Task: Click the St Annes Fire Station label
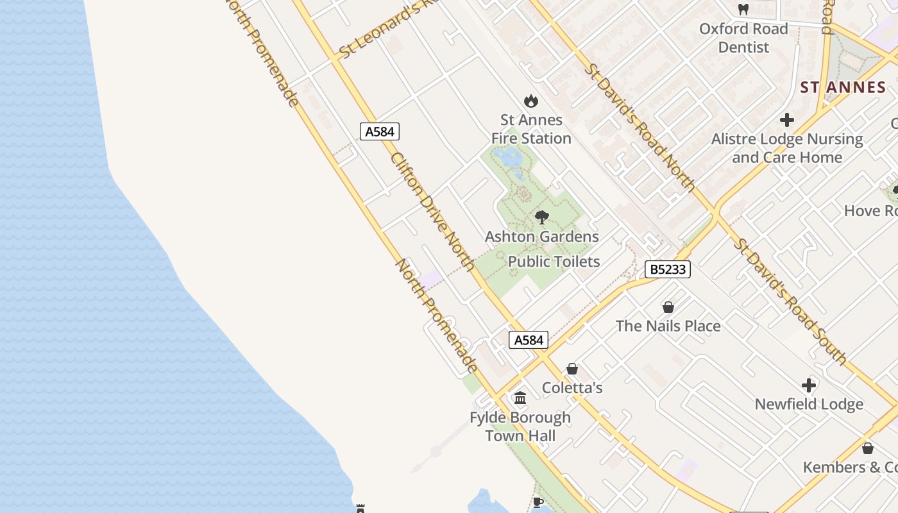coord(531,129)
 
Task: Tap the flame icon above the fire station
coord(530,101)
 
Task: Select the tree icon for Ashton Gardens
coord(542,217)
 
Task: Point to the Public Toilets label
coord(554,262)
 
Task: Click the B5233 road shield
coord(667,269)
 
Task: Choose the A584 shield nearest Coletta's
coord(529,340)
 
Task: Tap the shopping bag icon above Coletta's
coord(572,369)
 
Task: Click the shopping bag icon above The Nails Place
coord(668,307)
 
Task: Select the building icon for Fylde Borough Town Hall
coord(520,398)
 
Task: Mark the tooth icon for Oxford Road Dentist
coord(743,10)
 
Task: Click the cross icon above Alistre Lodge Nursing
coord(787,120)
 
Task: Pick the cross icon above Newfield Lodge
coord(809,385)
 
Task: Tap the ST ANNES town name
coord(843,87)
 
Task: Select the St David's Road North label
coord(641,128)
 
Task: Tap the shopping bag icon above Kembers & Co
coord(868,448)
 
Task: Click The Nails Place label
coord(668,326)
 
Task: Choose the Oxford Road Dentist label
coord(743,38)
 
